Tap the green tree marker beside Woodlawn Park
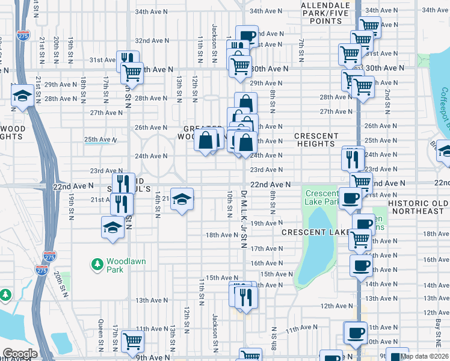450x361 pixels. point(96,264)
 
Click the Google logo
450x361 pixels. point(19,354)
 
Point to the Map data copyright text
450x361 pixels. point(425,357)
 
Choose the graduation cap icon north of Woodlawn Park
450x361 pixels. point(112,227)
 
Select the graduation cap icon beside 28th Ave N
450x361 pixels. point(23,96)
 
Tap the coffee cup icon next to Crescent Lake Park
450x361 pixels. point(350,198)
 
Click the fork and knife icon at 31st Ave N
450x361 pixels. point(128,59)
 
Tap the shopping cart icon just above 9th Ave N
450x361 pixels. point(132,341)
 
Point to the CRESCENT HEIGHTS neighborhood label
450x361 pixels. point(316,140)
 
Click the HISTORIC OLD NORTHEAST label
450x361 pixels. point(418,208)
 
